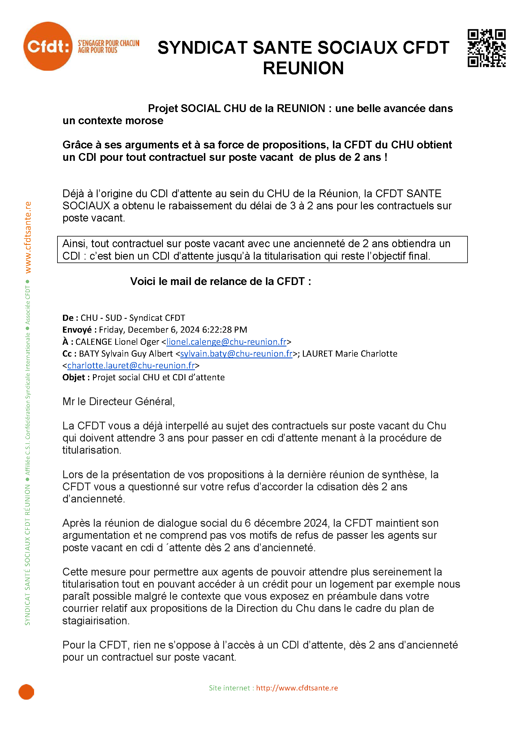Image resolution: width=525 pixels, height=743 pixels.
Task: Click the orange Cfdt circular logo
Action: [48, 46]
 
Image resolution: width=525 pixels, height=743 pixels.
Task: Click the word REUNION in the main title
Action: [303, 68]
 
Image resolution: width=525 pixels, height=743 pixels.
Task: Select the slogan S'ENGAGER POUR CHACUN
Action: [108, 43]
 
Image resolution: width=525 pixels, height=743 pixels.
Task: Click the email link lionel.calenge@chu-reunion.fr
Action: [226, 342]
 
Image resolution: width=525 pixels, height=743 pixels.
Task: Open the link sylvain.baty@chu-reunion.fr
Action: [236, 354]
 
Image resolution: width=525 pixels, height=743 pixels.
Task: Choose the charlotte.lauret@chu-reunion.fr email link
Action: [131, 366]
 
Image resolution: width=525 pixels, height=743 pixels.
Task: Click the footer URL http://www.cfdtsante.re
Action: [297, 688]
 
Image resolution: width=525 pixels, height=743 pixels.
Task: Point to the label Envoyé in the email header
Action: [77, 330]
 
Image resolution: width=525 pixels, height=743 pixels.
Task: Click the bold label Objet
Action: [74, 377]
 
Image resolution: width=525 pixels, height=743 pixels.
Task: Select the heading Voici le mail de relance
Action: [220, 282]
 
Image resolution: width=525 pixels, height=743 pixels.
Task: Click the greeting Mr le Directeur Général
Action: [118, 402]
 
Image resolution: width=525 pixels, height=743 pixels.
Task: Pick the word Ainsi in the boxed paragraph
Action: [75, 244]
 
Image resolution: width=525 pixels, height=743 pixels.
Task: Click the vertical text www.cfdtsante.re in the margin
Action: [28, 237]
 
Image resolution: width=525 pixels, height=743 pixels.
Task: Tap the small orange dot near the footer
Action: [26, 692]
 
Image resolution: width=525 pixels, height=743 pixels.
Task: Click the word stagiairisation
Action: [96, 621]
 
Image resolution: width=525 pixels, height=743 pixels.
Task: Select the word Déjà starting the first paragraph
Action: [74, 194]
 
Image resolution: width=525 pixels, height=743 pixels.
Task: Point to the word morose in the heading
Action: [144, 121]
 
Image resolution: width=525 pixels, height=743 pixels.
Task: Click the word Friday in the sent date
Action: [112, 330]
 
